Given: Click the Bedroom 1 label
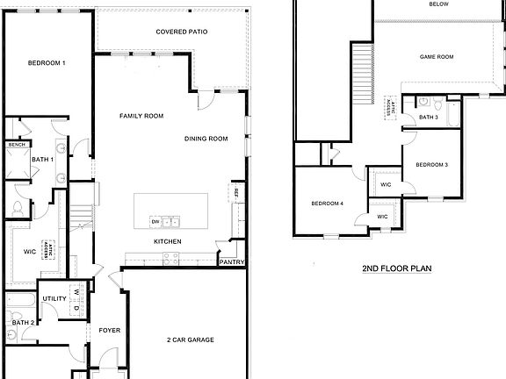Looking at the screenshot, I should click(47, 63).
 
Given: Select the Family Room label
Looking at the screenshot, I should click(142, 116).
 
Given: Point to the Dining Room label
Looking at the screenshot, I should click(206, 139).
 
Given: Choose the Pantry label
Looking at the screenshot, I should click(231, 261).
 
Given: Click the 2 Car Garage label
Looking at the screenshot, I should click(191, 340).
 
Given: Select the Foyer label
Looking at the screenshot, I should click(109, 331).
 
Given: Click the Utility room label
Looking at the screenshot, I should click(54, 299).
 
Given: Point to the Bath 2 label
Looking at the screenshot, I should click(23, 323).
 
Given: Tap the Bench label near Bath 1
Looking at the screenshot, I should click(15, 145).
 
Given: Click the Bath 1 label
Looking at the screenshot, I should click(43, 160).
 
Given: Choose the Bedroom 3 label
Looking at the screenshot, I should click(432, 165).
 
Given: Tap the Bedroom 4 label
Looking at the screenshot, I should click(328, 204).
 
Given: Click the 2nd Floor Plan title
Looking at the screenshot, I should click(395, 268).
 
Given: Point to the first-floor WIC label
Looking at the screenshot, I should click(29, 251).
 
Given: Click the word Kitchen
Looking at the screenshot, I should click(168, 241).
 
